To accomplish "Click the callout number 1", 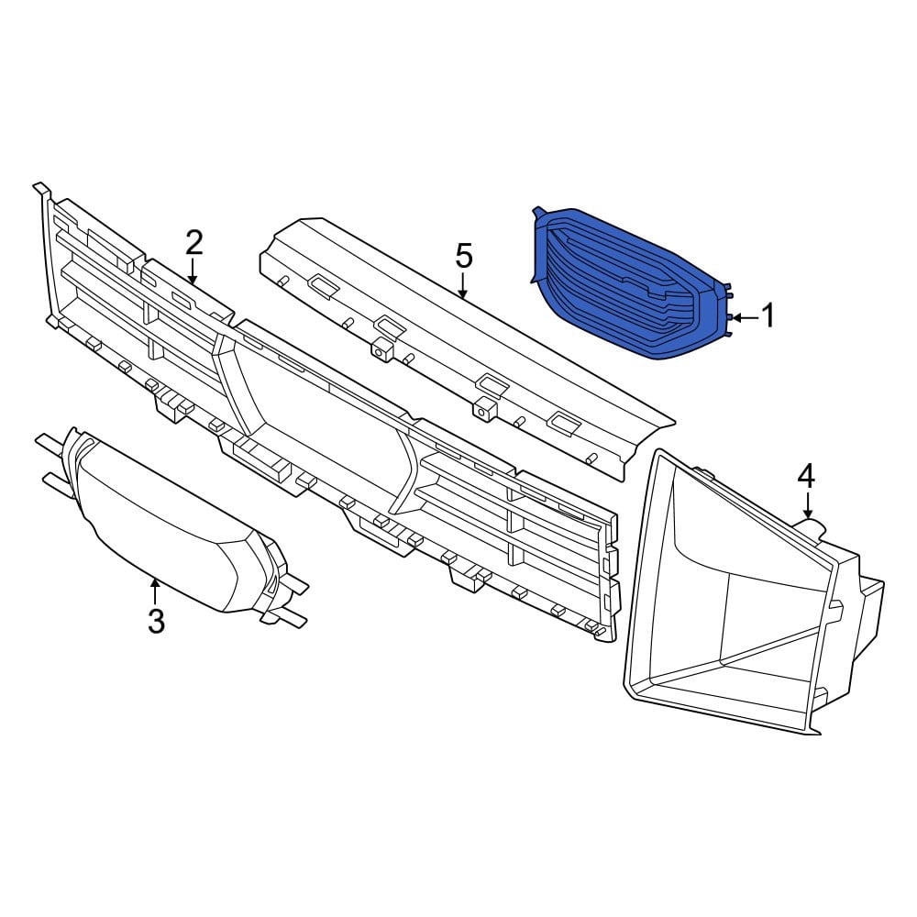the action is (x=768, y=315).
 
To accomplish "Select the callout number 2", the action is (x=193, y=243).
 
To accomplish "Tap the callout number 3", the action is (x=156, y=621).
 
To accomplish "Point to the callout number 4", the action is (x=806, y=477).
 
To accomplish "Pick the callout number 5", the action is (x=463, y=256).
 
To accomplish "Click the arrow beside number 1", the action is (x=745, y=317).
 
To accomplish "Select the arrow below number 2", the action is (x=193, y=272).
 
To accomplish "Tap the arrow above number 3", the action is (x=155, y=591).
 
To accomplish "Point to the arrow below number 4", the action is (x=808, y=505).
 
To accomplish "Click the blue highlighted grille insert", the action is (x=629, y=283).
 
